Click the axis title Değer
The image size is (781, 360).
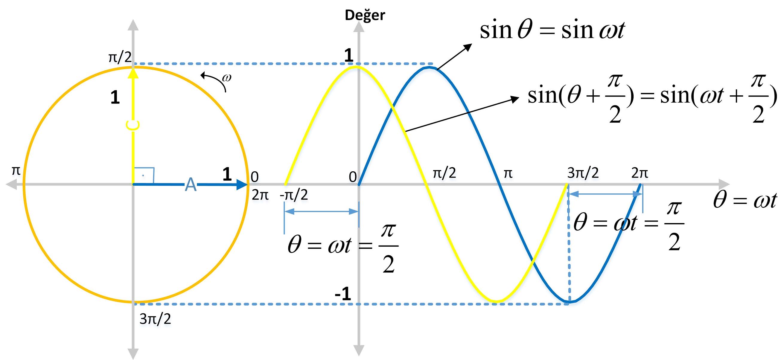[x=365, y=15]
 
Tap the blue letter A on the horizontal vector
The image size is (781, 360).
[x=191, y=184]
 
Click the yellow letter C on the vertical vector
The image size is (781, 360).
[x=133, y=126]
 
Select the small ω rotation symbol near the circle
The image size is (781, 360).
[x=226, y=78]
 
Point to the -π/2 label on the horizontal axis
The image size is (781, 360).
[x=293, y=195]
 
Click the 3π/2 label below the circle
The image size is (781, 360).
[x=155, y=319]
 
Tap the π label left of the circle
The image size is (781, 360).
[x=16, y=171]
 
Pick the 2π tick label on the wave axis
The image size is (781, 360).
[x=640, y=173]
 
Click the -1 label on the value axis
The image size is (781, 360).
[x=343, y=294]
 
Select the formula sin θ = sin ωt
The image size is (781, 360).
[x=552, y=30]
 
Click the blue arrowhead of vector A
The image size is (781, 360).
[x=242, y=184]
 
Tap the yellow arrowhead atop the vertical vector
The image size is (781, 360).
[x=133, y=73]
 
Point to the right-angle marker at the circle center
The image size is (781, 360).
[x=144, y=176]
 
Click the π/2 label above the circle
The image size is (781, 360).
[x=120, y=57]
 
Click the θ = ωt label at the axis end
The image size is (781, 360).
[x=745, y=200]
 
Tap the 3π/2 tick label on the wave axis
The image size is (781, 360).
[x=583, y=173]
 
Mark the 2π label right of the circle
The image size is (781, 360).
[x=260, y=195]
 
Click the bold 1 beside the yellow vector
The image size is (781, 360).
[x=115, y=97]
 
